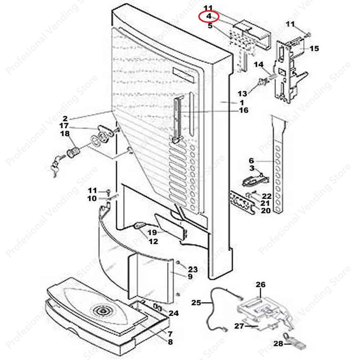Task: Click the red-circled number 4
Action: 209,16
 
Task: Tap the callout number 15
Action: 314,48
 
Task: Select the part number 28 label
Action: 278,344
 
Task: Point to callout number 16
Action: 244,110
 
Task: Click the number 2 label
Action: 65,118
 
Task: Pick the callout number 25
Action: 196,303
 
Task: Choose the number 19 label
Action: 152,233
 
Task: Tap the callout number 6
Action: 252,160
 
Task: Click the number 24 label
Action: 174,313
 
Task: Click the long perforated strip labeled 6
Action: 279,164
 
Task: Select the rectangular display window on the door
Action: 184,75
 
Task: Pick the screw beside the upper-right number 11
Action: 308,35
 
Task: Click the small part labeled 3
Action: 255,179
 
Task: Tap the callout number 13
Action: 242,94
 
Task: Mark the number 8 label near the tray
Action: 170,342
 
